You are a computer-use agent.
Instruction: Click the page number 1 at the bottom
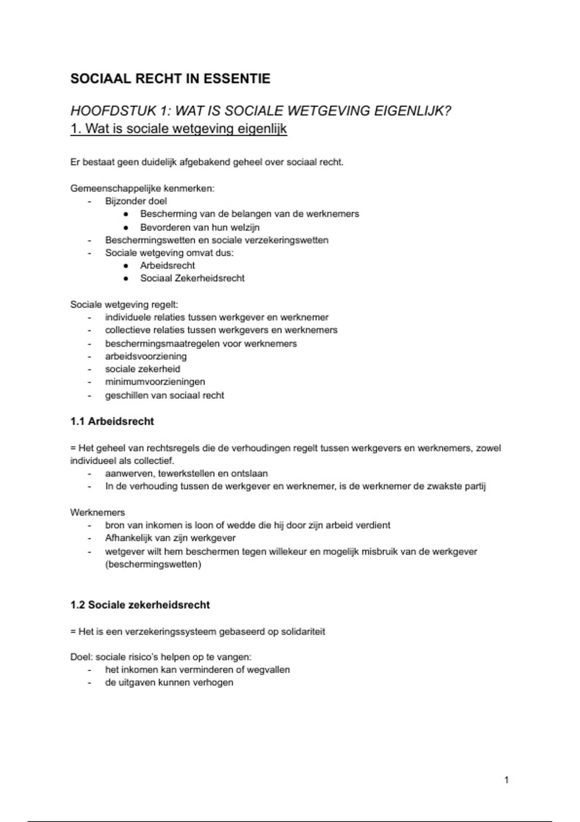point(506,779)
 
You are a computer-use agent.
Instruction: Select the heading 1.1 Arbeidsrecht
point(112,421)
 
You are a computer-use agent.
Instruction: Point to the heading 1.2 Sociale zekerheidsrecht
point(140,605)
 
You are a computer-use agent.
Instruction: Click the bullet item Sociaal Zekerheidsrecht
point(192,278)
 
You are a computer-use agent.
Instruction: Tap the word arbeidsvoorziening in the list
point(145,356)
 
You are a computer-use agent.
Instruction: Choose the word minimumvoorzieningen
point(155,382)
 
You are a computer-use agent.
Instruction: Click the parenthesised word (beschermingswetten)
point(153,564)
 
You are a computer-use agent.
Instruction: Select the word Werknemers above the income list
point(97,513)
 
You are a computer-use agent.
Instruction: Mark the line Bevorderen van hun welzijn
point(200,227)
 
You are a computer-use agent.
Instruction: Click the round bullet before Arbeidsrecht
point(126,265)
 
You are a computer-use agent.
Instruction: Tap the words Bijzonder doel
point(136,201)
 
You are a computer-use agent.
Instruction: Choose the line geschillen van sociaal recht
point(164,396)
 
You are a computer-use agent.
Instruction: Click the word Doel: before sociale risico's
point(81,657)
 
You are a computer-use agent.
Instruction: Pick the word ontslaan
point(249,473)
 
